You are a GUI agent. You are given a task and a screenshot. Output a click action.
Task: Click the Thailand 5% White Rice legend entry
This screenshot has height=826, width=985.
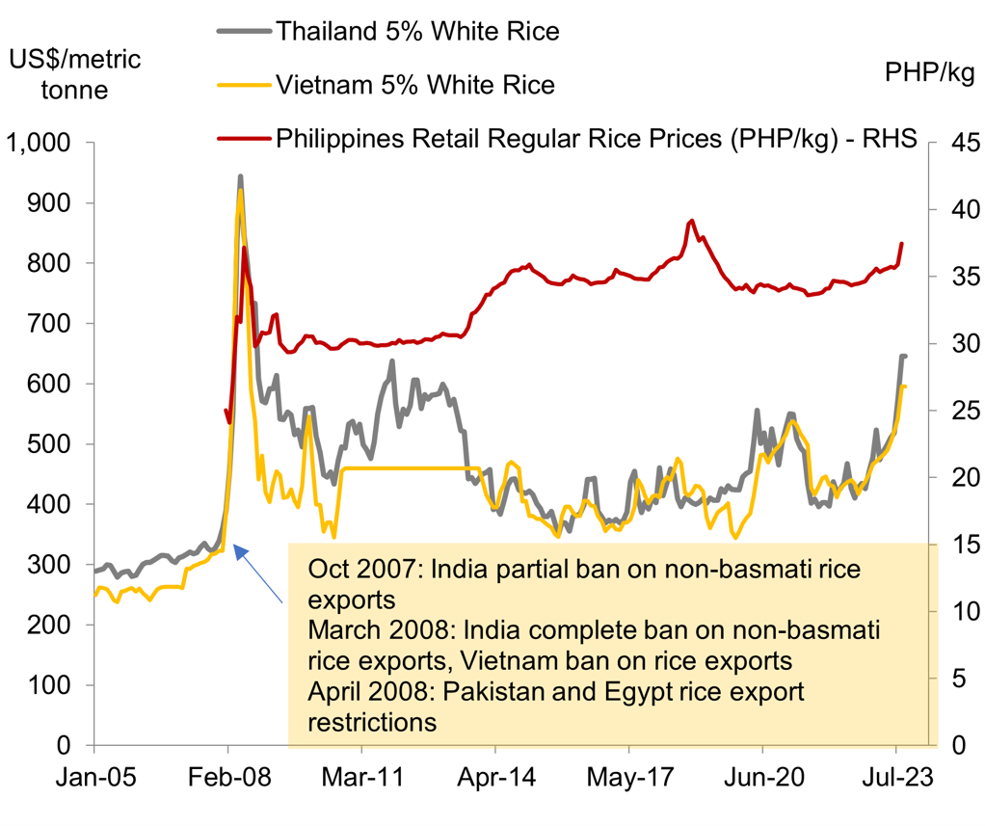tap(416, 31)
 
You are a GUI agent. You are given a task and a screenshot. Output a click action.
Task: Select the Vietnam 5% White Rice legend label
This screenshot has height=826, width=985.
tap(414, 85)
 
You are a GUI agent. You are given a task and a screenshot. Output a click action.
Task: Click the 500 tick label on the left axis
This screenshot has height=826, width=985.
tap(51, 444)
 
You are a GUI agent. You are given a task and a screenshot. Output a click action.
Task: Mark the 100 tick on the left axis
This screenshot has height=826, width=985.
tap(51, 685)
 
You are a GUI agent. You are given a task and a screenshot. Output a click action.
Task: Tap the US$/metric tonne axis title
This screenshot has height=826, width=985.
tap(74, 75)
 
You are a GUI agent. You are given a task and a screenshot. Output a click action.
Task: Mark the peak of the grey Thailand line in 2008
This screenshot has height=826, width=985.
tap(240, 176)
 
